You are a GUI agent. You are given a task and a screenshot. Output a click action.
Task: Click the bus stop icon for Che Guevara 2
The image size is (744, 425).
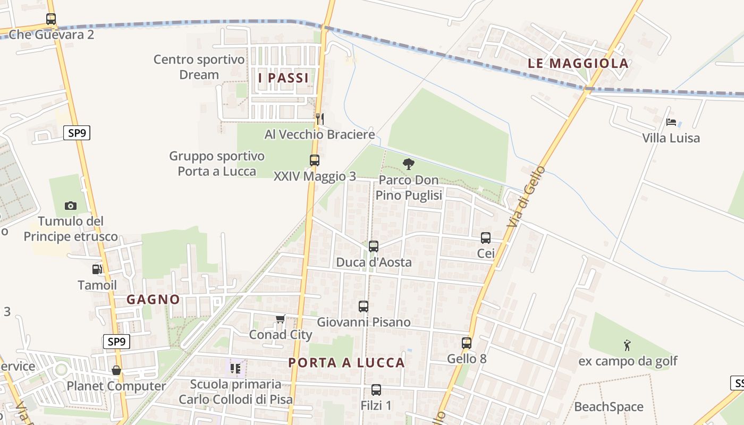[51, 19]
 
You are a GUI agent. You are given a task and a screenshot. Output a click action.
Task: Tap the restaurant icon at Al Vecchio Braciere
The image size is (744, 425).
[319, 118]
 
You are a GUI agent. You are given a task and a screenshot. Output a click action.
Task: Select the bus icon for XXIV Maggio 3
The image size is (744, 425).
[314, 160]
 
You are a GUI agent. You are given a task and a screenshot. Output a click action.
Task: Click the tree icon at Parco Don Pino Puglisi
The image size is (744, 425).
[408, 164]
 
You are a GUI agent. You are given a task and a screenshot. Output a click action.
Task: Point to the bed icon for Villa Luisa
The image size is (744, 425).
[671, 122]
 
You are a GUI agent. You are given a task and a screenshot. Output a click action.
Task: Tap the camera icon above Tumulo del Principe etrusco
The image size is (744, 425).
[70, 206]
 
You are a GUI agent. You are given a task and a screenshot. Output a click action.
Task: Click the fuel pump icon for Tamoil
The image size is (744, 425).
[97, 269]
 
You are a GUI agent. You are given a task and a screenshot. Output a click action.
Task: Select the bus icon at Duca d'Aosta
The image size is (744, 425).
[374, 246]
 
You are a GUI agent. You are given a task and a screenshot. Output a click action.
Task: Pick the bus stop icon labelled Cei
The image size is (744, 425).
[486, 238]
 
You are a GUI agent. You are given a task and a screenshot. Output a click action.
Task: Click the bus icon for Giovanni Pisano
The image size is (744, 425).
[363, 307]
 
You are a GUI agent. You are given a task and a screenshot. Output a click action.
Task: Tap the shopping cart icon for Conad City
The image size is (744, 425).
[280, 319]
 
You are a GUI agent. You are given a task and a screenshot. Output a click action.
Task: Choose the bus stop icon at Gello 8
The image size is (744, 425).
[467, 343]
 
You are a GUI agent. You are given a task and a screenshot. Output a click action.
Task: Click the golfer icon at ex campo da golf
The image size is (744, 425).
[627, 345]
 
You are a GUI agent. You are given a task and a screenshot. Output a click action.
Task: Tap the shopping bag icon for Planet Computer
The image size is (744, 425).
[116, 370]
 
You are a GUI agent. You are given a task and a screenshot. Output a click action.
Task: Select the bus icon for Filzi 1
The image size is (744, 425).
[376, 390]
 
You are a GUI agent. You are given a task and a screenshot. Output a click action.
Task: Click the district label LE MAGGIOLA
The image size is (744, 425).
[578, 64]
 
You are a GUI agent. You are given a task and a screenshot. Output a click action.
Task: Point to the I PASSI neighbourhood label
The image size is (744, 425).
[283, 78]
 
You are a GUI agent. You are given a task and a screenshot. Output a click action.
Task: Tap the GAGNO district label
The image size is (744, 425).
[153, 300]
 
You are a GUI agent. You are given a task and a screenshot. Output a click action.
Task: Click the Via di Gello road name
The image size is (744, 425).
[526, 198]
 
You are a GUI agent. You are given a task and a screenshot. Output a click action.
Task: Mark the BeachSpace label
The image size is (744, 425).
[608, 407]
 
